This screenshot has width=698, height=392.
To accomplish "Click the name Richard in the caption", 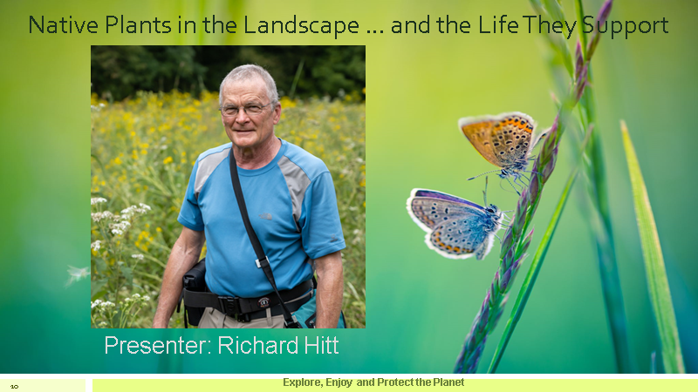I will [x=252, y=345].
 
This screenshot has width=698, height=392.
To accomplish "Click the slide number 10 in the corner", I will [x=15, y=385].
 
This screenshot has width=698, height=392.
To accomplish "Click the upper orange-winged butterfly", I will [x=500, y=140].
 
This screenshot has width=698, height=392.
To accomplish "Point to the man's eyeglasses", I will [x=246, y=109].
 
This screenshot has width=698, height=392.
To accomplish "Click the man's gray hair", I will [x=249, y=78].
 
